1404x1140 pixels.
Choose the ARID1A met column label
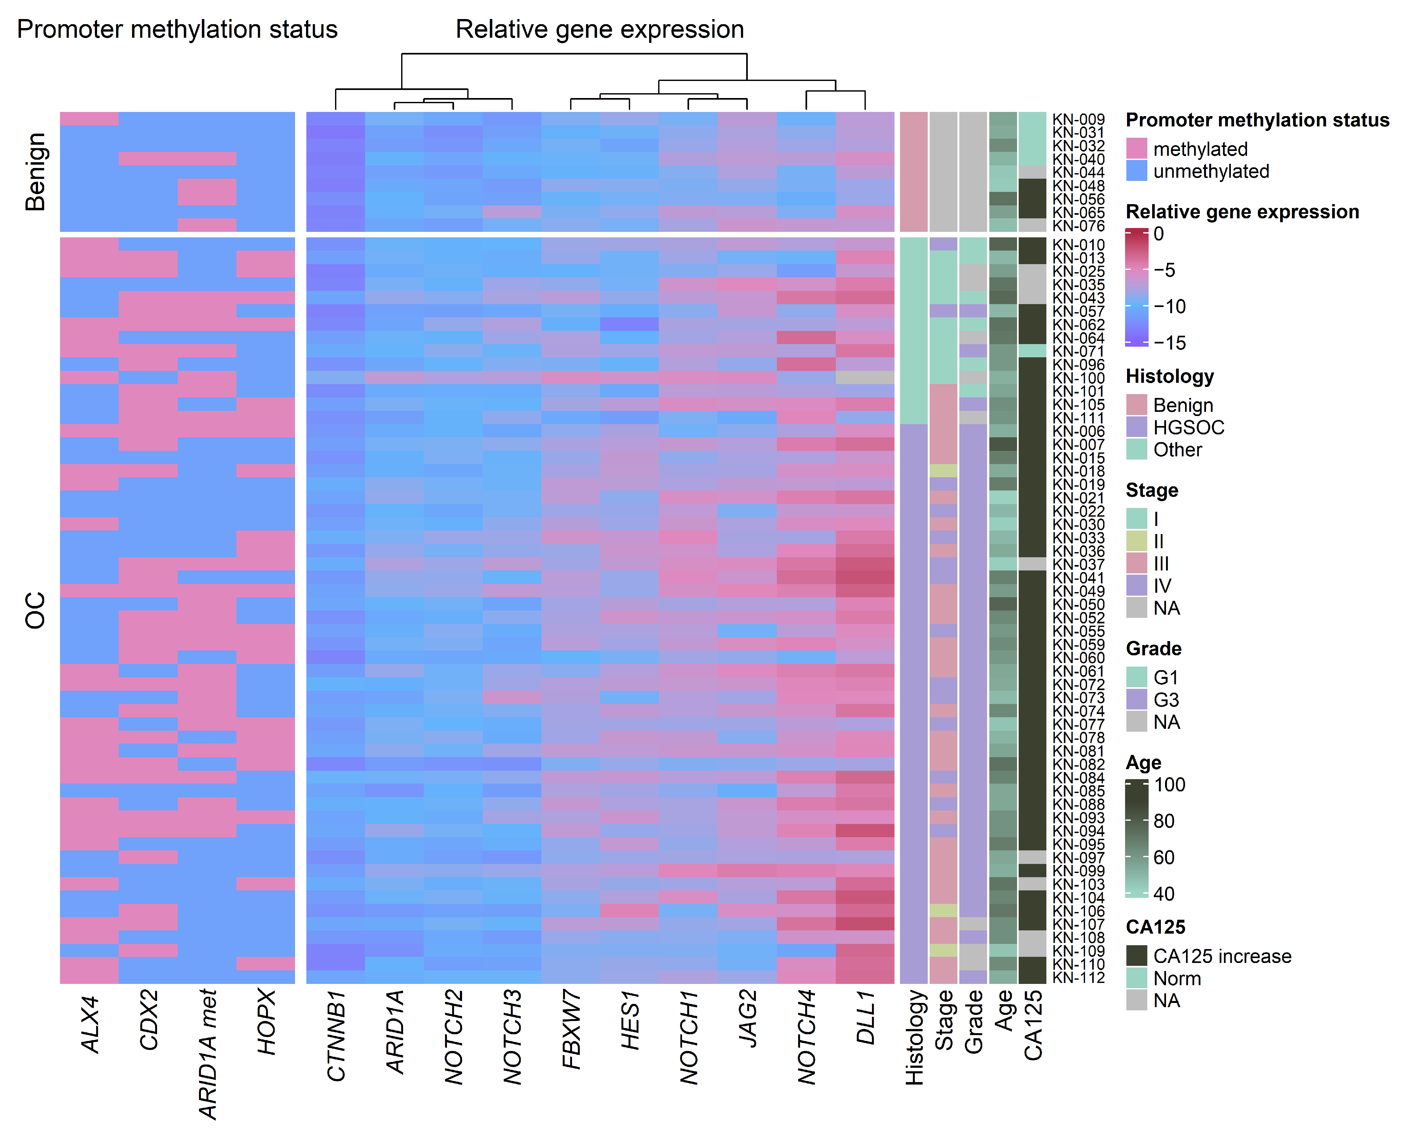point(208,1054)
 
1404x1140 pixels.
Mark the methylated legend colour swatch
point(1136,148)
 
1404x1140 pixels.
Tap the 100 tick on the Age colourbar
point(1170,785)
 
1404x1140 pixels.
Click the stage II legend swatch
point(1136,541)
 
